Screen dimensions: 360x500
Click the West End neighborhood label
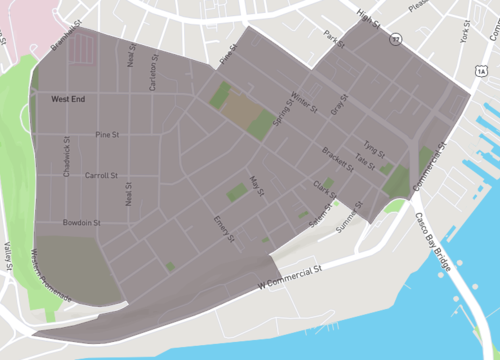(70, 100)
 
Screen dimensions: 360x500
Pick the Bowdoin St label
(81, 222)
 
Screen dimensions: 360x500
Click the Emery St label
(224, 228)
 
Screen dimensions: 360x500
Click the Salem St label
(320, 214)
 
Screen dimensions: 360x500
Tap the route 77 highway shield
(396, 37)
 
